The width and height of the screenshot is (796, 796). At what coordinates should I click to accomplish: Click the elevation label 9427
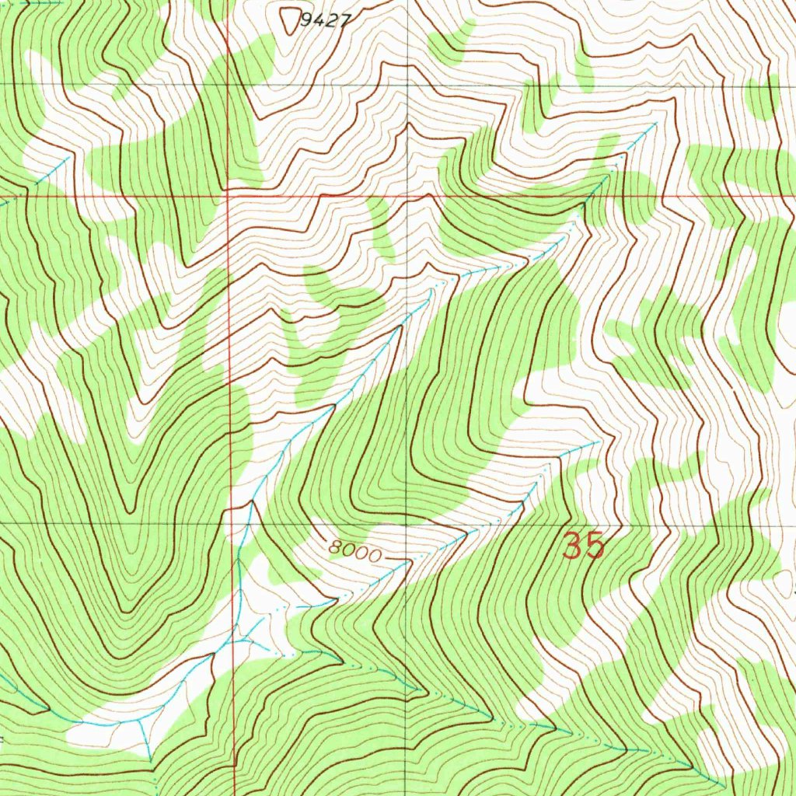pyautogui.click(x=323, y=22)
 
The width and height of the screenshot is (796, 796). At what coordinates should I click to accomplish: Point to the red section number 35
pyautogui.click(x=584, y=546)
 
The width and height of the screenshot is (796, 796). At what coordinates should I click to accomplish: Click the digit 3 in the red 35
pyautogui.click(x=573, y=546)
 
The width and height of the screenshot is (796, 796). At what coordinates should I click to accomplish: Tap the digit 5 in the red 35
pyautogui.click(x=595, y=546)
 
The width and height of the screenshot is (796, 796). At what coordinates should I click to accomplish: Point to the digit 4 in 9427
pyautogui.click(x=318, y=22)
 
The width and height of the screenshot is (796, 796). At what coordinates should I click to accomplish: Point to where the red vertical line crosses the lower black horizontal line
pyautogui.click(x=232, y=522)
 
